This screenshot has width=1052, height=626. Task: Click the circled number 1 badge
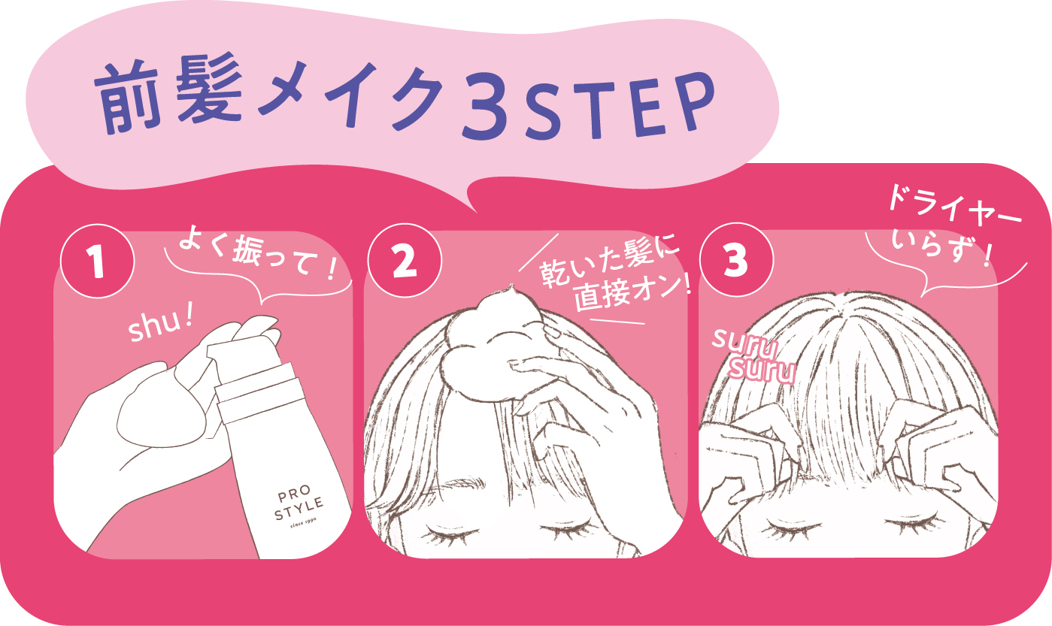click(98, 261)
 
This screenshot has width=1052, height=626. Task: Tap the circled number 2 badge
click(405, 260)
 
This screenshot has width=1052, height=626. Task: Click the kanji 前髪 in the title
click(170, 94)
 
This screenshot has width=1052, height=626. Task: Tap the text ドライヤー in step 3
click(953, 207)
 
